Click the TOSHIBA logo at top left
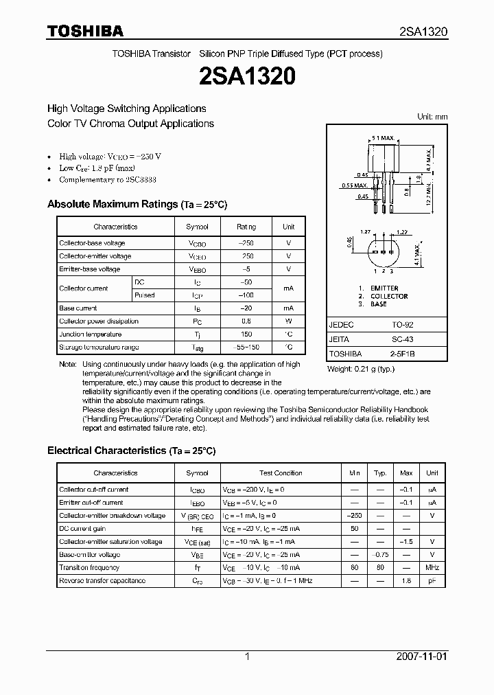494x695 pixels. point(84,31)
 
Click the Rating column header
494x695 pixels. point(246,227)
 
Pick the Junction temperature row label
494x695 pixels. point(91,334)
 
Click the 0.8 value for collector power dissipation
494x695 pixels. point(246,321)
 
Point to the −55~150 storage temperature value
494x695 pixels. point(246,347)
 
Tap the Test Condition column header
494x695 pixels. point(281,473)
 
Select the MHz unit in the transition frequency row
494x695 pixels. point(432,568)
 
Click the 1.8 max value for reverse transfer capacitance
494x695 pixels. point(406,581)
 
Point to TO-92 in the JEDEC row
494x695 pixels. point(400,325)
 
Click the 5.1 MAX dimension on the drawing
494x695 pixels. point(381,138)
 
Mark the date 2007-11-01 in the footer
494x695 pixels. point(421,657)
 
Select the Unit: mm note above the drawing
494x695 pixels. point(432,117)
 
